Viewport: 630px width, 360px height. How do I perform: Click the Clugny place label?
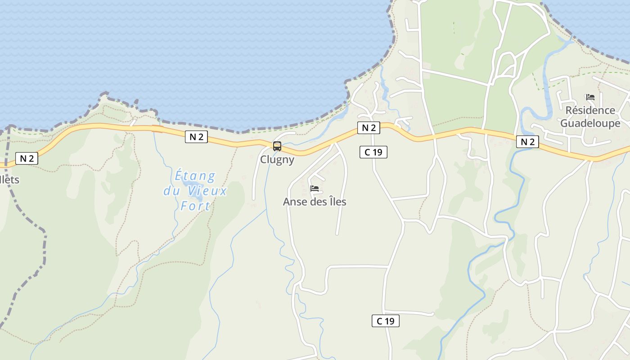coord(277,160)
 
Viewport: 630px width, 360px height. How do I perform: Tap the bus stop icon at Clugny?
coord(277,146)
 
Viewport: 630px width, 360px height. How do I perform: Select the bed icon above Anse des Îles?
coord(315,189)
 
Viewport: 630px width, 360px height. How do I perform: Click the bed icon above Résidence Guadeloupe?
coord(590,97)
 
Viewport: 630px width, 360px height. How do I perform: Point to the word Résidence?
coord(590,110)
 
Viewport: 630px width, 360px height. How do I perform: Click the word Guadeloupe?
coord(590,123)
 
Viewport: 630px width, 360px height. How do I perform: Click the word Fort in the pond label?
coord(195,206)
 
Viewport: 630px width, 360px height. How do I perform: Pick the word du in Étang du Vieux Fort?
coord(171,191)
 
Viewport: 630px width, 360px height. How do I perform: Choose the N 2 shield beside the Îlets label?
coord(27,158)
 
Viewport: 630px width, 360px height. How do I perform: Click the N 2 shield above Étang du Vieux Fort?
coord(196,137)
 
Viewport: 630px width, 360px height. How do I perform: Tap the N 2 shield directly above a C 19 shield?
coord(369,128)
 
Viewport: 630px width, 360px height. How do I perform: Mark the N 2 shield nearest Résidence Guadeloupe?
coord(527,142)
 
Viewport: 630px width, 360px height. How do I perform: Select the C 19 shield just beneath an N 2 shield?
coord(373,152)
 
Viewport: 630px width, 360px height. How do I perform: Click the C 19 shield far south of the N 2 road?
coord(385,321)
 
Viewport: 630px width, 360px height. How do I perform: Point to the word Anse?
coord(295,202)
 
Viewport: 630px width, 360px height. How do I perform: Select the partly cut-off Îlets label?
coord(10,180)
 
